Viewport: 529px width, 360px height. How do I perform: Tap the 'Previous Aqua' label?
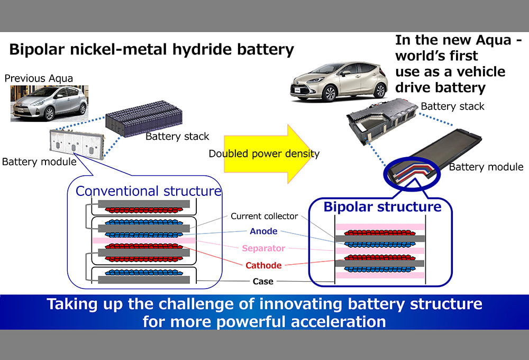(39, 78)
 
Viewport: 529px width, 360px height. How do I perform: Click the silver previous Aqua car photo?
(49, 103)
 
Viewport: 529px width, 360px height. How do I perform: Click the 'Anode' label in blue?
(263, 231)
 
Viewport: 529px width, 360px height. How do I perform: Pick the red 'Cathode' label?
(263, 265)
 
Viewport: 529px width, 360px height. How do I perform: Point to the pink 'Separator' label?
(263, 248)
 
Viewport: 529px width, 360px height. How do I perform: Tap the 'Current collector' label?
(264, 216)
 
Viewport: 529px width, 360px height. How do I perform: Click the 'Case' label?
(263, 281)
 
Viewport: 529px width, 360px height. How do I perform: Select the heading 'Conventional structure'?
(148, 191)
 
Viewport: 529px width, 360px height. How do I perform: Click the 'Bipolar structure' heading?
(382, 206)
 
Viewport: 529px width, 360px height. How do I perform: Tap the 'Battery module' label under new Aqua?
(486, 167)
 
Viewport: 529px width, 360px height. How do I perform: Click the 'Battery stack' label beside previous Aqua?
(177, 137)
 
